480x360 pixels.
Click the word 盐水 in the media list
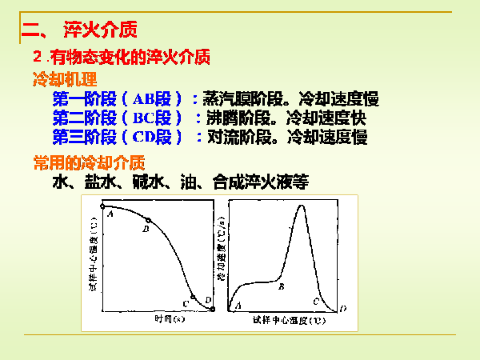click(106, 182)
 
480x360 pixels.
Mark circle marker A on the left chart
click(104, 207)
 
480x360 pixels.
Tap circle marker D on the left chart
click(212, 309)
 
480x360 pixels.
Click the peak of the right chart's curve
click(302, 206)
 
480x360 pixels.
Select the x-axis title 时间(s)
click(165, 318)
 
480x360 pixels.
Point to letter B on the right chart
click(281, 286)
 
